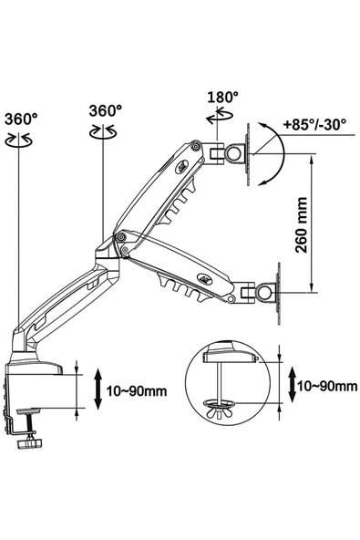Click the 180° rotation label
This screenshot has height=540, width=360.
point(222,97)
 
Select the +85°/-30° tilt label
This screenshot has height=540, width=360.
point(314,124)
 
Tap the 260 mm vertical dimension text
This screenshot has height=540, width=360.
point(302,225)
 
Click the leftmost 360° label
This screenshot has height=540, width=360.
point(21,119)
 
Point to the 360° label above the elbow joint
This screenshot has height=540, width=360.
point(106,111)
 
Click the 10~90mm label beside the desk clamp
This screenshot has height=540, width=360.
point(137,391)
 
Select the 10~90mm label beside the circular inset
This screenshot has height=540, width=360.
point(327,386)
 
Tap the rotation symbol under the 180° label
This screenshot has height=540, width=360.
point(220,116)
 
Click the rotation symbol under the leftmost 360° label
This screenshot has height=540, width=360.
point(19,140)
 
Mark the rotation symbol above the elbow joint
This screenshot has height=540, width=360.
point(103,131)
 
